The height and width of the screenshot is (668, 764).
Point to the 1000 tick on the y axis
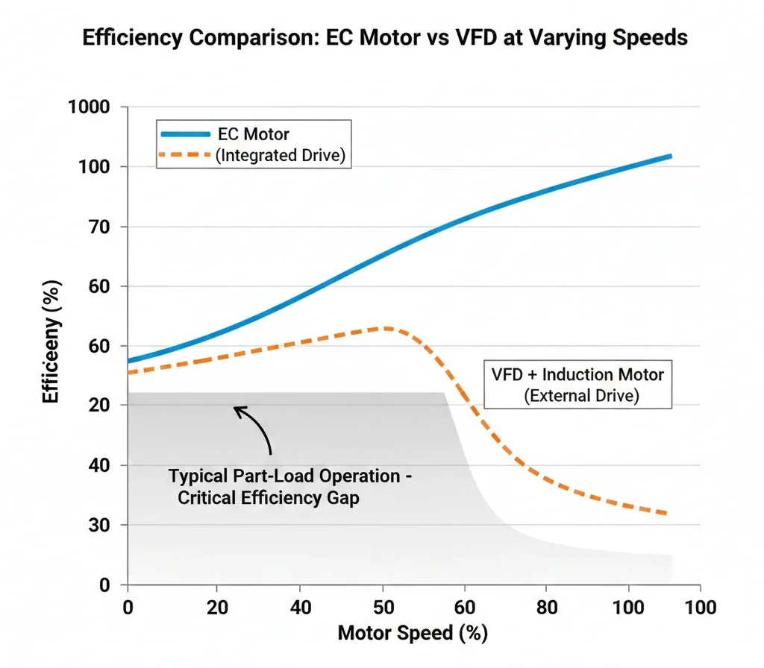[98, 107]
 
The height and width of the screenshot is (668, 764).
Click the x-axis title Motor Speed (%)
[413, 634]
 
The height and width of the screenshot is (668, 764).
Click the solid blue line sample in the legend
[185, 134]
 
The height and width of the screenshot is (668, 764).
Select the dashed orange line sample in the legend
[185, 156]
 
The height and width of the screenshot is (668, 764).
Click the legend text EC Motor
[253, 134]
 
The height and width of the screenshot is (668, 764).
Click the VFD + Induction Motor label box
[577, 384]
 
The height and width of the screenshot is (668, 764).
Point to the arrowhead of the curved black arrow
[237, 409]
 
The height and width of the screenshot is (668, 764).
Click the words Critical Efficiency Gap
[268, 498]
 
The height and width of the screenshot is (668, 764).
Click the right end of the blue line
[671, 156]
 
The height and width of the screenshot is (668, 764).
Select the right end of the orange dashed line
[666, 513]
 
